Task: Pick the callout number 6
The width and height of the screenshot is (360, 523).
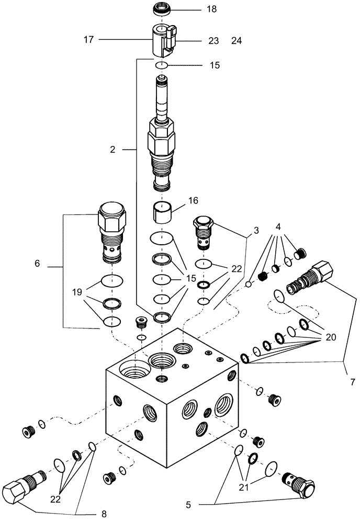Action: pos(37,264)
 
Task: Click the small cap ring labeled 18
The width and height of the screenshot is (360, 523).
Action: pos(162,9)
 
